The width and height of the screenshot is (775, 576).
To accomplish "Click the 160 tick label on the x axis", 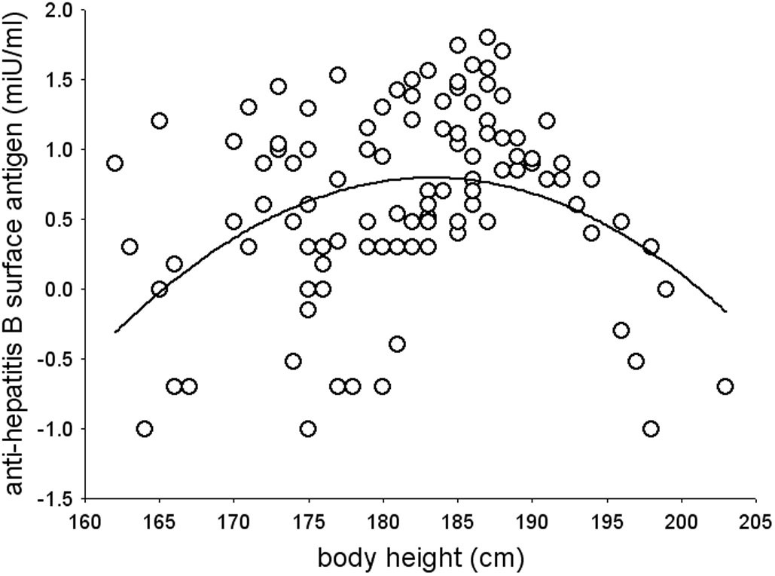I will tap(84, 522).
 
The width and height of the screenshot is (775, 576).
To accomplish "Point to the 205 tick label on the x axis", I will tap(756, 522).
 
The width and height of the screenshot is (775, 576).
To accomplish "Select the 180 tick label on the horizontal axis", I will tap(383, 522).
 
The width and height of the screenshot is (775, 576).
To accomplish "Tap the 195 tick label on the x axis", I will tap(607, 522).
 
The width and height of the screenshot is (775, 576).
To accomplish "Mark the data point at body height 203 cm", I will tap(725, 387).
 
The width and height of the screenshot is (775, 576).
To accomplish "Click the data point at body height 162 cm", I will tap(114, 164).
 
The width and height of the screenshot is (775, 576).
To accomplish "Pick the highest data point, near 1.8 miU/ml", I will tap(487, 38).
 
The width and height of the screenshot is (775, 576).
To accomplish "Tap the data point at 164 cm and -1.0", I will tap(145, 429).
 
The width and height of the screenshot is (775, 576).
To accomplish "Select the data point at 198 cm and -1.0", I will tap(651, 429).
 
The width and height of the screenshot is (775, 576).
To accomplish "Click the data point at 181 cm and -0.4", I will tap(398, 345).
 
